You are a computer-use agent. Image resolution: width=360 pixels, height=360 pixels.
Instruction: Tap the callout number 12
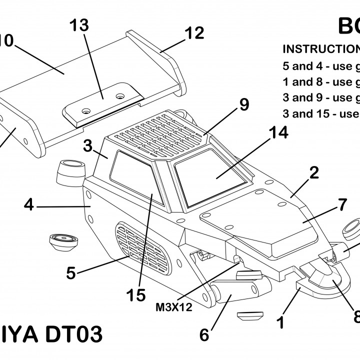194,33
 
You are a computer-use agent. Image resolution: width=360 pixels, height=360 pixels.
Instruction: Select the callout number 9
244,104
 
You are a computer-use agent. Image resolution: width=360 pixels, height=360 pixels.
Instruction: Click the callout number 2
313,173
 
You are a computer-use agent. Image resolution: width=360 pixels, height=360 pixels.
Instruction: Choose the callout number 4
29,205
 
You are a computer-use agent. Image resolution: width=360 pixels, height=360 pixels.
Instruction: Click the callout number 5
71,273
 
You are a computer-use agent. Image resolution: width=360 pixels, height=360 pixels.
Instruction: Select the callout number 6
204,334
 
